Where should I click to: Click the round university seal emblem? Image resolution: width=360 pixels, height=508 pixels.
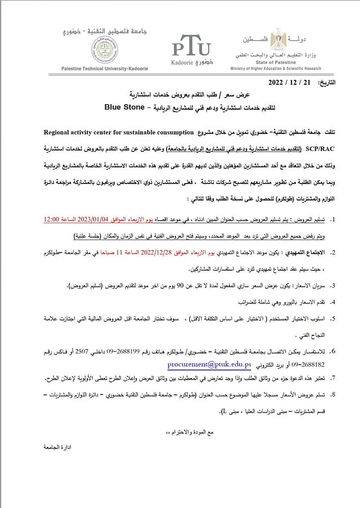tap(105, 50)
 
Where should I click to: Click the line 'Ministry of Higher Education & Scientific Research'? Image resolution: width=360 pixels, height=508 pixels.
tap(275, 68)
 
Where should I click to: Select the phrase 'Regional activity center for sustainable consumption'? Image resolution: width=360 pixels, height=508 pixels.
tap(119, 132)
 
